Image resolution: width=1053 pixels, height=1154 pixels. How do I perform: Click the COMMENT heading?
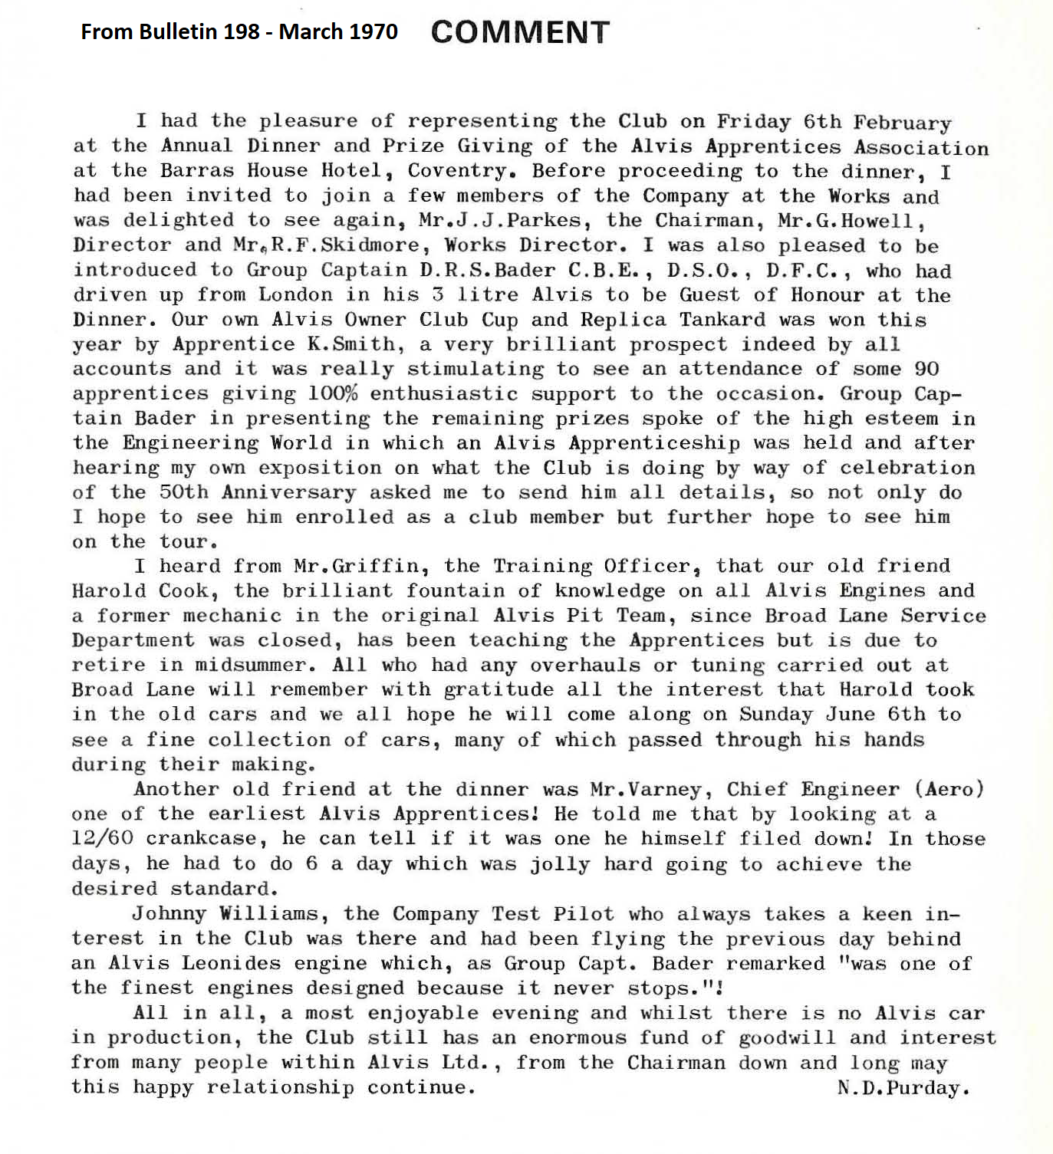520,32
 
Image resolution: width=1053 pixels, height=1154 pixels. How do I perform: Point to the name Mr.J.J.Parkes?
499,221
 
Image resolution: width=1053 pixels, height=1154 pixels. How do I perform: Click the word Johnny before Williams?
169,914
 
